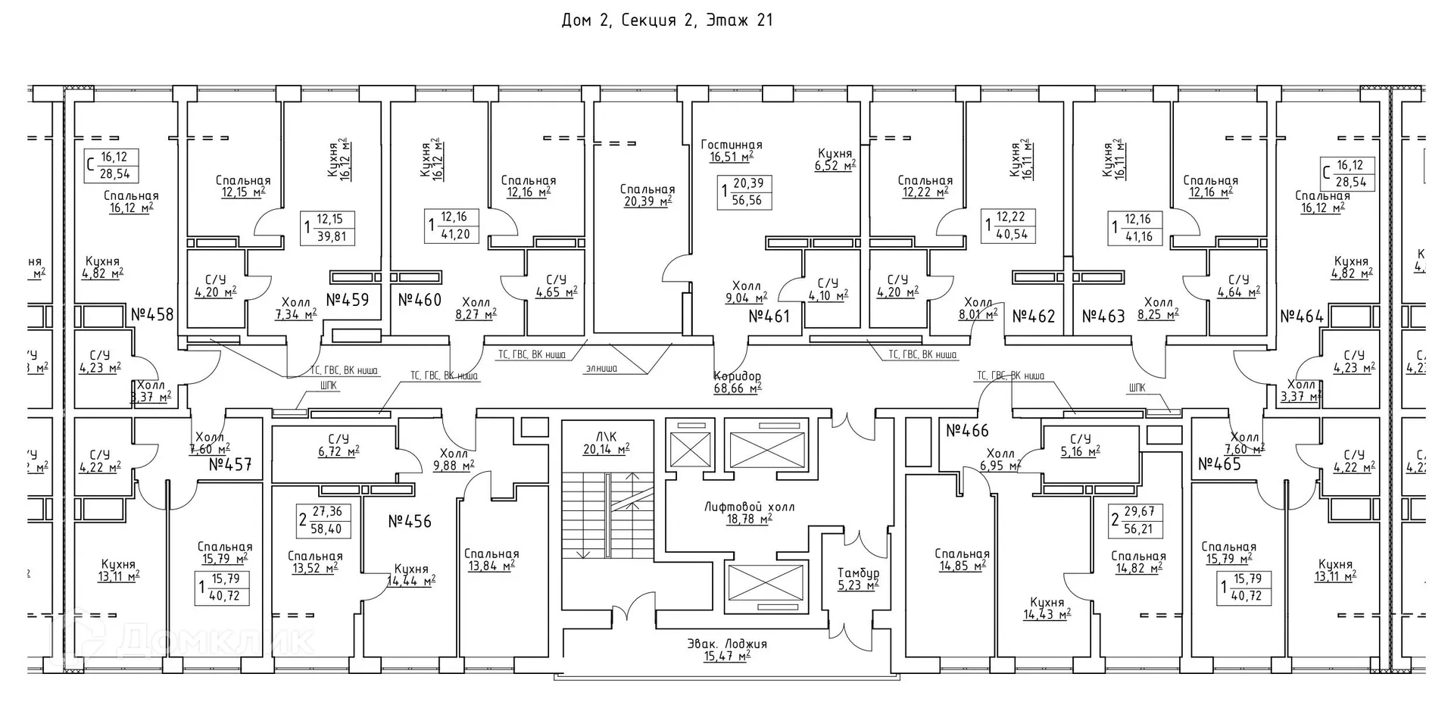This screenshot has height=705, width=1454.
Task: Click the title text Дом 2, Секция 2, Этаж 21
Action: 666,20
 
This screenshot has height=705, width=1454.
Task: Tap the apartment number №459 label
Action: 348,300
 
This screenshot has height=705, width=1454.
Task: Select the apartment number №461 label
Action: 769,317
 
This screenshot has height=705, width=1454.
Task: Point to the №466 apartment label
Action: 967,431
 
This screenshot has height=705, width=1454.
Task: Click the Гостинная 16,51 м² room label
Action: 731,151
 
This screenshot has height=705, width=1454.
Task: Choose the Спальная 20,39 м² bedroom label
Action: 647,195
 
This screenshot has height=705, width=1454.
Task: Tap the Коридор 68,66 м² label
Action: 737,382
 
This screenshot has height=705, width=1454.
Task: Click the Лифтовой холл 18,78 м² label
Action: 749,513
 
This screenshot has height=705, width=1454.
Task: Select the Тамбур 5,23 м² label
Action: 857,579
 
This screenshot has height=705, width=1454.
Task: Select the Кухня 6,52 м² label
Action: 835,159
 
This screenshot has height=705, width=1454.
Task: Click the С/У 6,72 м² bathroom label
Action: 338,445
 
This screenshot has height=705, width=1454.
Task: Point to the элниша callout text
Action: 601,369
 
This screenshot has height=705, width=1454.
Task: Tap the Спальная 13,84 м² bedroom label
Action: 491,560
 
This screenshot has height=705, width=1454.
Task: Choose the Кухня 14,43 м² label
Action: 1047,609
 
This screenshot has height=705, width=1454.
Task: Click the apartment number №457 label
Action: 229,464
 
